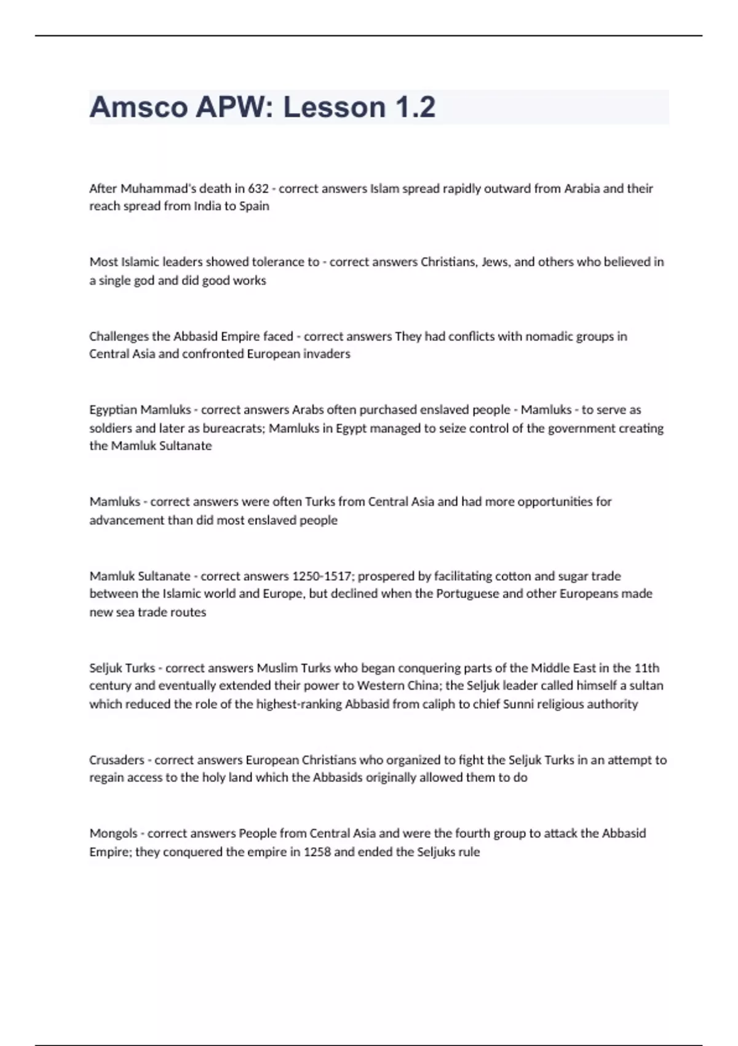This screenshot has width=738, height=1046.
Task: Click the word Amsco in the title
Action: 138,108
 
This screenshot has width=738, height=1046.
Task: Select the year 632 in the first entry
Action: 258,188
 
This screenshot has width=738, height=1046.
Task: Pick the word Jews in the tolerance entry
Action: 494,262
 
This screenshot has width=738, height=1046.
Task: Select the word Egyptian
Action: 113,410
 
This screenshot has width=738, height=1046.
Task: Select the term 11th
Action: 646,668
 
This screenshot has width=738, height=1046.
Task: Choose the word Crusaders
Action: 117,760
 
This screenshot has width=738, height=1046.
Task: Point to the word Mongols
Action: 113,834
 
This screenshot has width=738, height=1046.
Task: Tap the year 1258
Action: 317,852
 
